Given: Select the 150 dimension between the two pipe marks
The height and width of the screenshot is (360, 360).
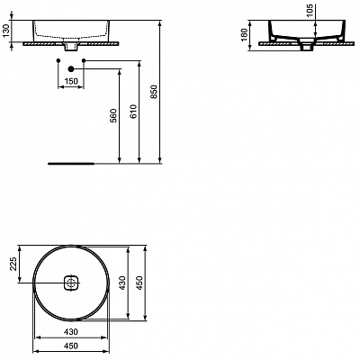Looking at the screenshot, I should tap(69, 82).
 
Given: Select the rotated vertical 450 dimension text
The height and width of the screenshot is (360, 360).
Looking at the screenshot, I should tap(139, 282).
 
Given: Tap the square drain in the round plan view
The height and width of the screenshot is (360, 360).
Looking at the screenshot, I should tap(71, 282).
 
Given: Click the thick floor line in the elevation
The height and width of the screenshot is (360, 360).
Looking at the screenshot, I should tap(70, 165).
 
